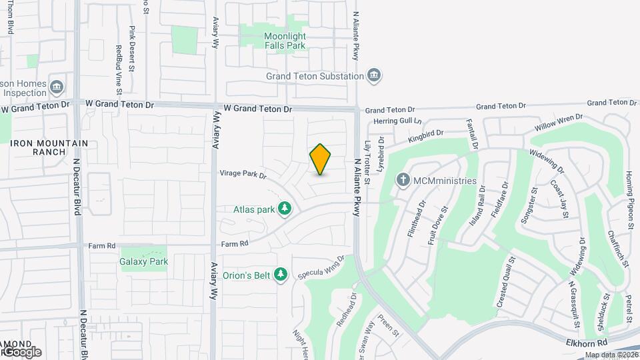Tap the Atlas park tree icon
click(x=285, y=209)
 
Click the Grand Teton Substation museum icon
click(x=374, y=75)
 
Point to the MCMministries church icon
click(x=403, y=180)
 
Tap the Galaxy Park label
click(x=143, y=261)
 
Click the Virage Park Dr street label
click(x=243, y=175)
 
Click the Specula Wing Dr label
click(x=322, y=266)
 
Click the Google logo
click(x=21, y=351)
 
